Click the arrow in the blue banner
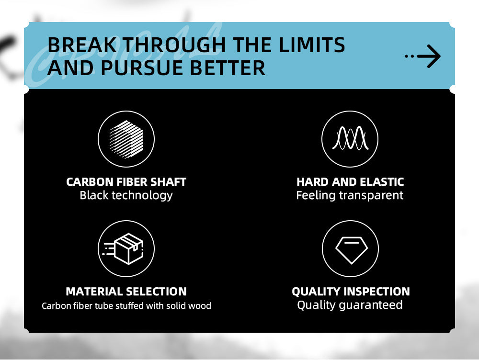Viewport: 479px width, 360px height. tap(429, 56)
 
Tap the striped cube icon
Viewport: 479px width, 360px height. tap(126, 139)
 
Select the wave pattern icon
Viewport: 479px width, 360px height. tap(350, 138)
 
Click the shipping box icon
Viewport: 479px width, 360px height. tap(124, 248)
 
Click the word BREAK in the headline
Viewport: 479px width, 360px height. tap(82, 45)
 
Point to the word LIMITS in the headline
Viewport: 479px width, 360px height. tap(312, 45)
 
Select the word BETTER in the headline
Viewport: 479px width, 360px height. tap(228, 68)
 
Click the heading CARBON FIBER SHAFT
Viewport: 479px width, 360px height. tap(126, 182)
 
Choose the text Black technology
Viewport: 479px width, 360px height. tap(126, 195)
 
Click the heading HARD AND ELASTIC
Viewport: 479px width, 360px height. tap(350, 182)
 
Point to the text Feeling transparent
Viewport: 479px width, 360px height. tap(350, 195)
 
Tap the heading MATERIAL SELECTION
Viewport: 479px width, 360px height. tap(126, 292)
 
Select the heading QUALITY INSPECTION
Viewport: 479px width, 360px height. tap(351, 292)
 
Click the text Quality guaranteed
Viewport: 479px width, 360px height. tap(350, 305)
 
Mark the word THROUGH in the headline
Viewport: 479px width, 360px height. tap(174, 45)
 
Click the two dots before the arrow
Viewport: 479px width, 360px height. tap(410, 56)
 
